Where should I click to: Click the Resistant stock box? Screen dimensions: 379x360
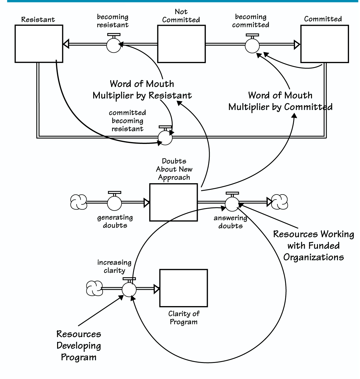pyautogui.click(x=39, y=44)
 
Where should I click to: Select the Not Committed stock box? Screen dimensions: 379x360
pyautogui.click(x=181, y=44)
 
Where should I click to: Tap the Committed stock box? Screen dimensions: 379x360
pyautogui.click(x=325, y=44)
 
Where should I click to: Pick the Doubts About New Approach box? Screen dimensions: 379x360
pyautogui.click(x=174, y=202)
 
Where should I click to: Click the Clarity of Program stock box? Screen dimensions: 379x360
pyautogui.click(x=184, y=288)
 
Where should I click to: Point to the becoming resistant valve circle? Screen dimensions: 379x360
pyautogui.click(x=114, y=45)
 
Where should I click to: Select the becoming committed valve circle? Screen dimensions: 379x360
pyautogui.click(x=252, y=46)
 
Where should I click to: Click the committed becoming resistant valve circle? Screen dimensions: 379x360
pyautogui.click(x=165, y=138)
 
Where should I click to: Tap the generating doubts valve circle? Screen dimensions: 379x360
pyautogui.click(x=115, y=203)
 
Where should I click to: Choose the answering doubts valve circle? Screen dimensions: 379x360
pyautogui.click(x=232, y=204)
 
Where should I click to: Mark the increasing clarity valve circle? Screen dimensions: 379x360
pyautogui.click(x=129, y=289)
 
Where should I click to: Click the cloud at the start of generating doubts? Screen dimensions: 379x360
pyautogui.click(x=78, y=202)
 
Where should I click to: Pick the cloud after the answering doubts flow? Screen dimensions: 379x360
pyautogui.click(x=279, y=202)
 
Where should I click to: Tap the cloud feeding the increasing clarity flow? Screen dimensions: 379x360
pyautogui.click(x=94, y=288)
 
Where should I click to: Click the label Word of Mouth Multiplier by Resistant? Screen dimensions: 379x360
pyautogui.click(x=142, y=90)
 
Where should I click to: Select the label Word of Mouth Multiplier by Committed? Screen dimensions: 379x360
pyautogui.click(x=280, y=101)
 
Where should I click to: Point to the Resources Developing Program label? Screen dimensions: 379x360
pyautogui.click(x=79, y=345)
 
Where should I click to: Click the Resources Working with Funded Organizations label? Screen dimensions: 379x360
pyautogui.click(x=314, y=245)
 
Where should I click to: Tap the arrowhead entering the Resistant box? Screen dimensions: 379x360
pyautogui.click(x=66, y=44)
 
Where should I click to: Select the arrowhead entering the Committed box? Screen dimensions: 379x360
pyautogui.click(x=297, y=45)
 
